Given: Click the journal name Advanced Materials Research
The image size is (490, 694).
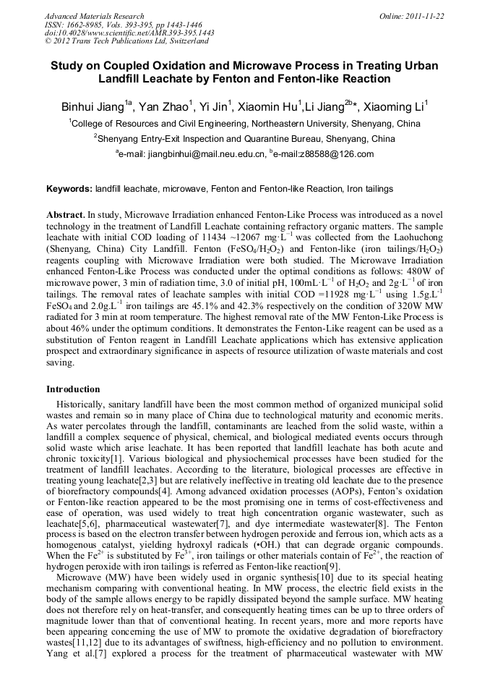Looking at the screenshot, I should (94, 16).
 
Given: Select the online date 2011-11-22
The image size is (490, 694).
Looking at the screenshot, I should (427, 16).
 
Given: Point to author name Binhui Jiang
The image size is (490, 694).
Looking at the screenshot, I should (92, 108).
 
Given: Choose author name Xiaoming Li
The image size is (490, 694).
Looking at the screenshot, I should (394, 108).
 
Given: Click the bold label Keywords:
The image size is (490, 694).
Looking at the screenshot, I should (69, 189).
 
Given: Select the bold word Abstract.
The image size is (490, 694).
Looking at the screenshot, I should (65, 216).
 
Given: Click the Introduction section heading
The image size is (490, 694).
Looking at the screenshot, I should (73, 389).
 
